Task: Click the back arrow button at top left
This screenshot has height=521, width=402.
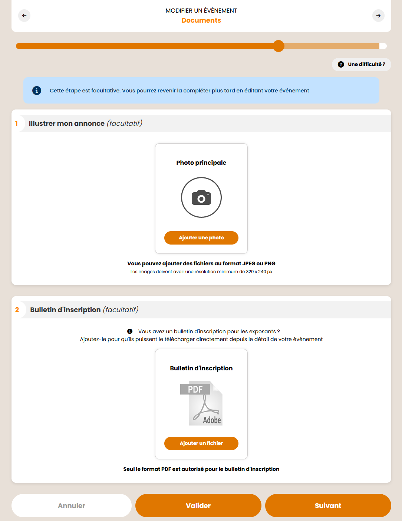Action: [24, 16]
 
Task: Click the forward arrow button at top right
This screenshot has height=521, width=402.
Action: [378, 16]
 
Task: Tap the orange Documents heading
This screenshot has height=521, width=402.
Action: [201, 20]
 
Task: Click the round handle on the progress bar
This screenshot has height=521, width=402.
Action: [279, 46]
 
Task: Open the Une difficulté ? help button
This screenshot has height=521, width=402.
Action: [361, 64]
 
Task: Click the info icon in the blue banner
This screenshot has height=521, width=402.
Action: [37, 91]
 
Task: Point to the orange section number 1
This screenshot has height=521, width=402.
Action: [16, 124]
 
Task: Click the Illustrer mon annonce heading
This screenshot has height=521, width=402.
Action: [67, 124]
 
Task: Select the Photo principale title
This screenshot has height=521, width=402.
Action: [201, 163]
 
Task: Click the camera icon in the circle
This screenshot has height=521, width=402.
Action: [201, 197]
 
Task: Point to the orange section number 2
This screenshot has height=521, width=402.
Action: [17, 310]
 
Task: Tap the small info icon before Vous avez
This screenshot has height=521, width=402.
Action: [130, 331]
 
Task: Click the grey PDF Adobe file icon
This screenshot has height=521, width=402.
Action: [201, 403]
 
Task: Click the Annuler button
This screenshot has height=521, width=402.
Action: [72, 505]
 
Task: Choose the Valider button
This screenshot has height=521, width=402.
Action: [198, 505]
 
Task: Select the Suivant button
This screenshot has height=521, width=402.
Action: [328, 505]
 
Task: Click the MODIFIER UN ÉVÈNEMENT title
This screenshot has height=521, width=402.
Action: [201, 10]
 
